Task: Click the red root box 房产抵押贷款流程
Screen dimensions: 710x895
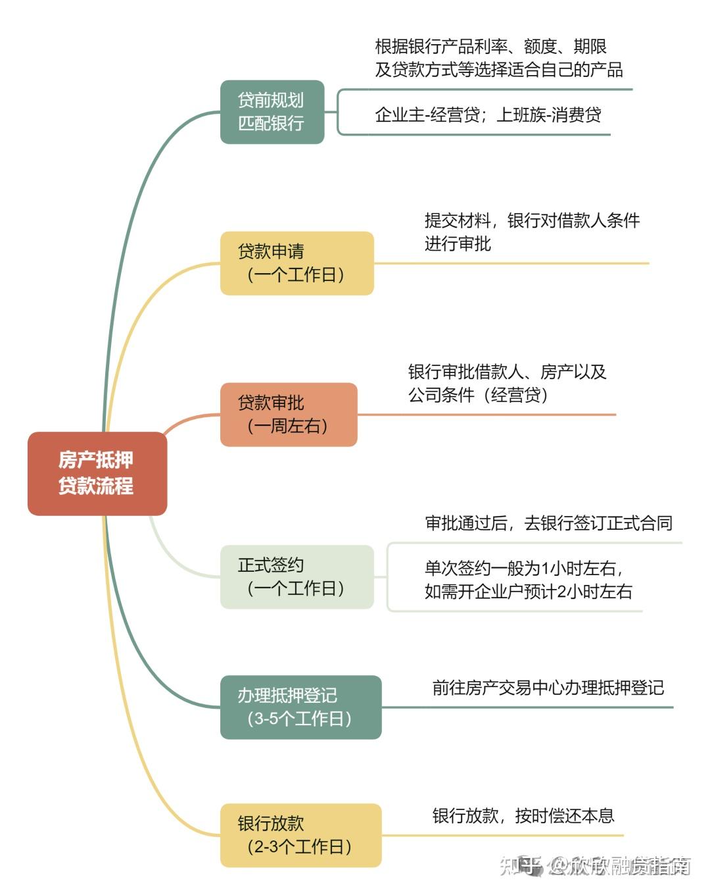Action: point(97,473)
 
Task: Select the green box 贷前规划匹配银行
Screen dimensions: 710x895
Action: point(272,112)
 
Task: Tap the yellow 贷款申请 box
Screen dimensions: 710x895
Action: point(297,263)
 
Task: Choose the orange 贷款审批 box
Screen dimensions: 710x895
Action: point(289,414)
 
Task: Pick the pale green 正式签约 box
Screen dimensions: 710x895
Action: point(297,577)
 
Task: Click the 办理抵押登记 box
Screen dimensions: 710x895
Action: point(301,707)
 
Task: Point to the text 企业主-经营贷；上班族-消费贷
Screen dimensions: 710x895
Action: point(488,115)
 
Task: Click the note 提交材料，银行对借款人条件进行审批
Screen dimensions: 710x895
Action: point(532,232)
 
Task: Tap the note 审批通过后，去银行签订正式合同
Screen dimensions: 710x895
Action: point(548,523)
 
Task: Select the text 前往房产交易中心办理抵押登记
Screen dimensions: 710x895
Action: point(548,688)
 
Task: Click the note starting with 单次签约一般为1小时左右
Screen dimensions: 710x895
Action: point(528,580)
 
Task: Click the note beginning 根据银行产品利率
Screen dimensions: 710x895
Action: point(498,58)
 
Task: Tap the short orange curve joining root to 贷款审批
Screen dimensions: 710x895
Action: point(189,421)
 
